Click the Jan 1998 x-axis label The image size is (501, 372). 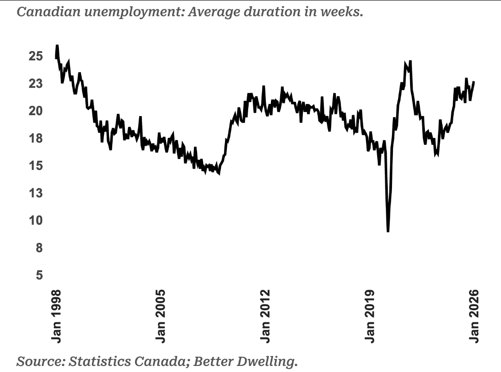click(x=57, y=316)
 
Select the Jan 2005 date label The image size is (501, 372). click(x=161, y=316)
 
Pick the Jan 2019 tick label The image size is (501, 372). click(x=370, y=316)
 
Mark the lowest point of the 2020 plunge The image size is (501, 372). click(x=388, y=231)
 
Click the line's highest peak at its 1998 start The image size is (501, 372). click(x=57, y=46)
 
